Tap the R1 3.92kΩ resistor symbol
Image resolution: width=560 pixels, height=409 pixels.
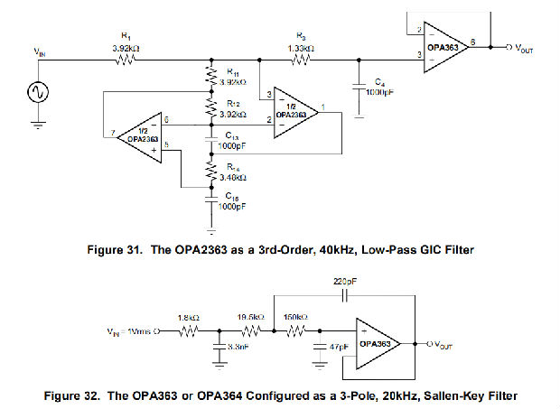pos(125,60)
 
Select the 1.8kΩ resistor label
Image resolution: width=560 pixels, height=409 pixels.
pos(188,316)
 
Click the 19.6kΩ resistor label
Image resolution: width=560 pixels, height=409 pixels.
pos(252,317)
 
